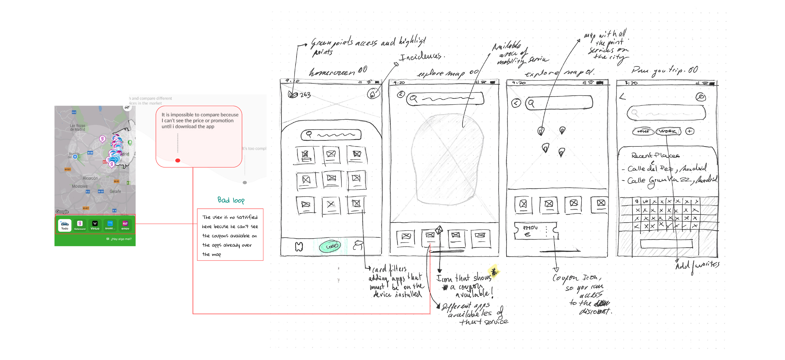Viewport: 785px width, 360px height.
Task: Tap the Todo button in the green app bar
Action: click(x=65, y=225)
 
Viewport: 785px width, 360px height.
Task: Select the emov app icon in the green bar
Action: click(x=125, y=225)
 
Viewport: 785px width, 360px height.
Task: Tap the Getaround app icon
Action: click(x=80, y=225)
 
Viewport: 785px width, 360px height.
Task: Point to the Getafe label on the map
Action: click(x=115, y=191)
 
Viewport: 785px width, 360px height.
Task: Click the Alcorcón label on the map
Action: click(x=90, y=178)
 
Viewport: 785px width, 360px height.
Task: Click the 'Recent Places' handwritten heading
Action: click(x=655, y=155)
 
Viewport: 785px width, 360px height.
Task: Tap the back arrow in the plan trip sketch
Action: click(x=623, y=97)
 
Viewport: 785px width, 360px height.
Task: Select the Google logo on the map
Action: click(x=62, y=212)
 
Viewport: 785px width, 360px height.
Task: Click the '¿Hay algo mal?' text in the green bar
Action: click(x=121, y=239)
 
